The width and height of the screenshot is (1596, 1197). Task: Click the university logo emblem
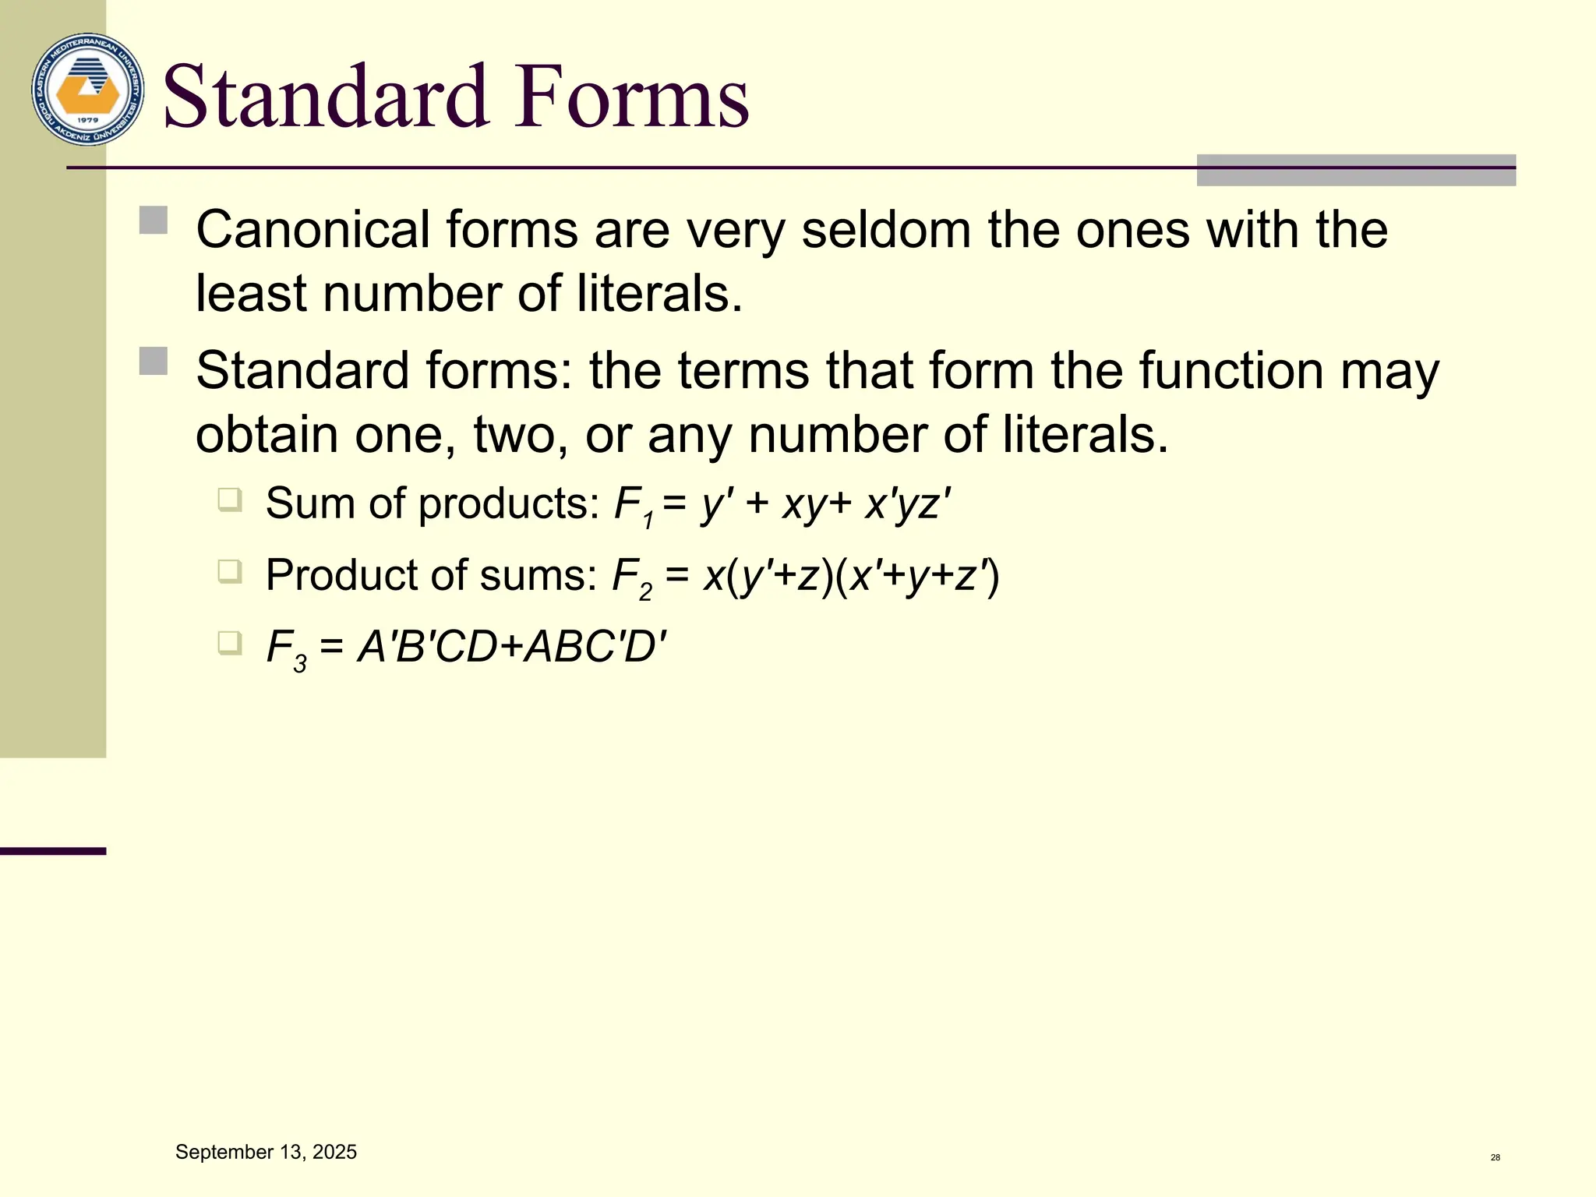pos(87,90)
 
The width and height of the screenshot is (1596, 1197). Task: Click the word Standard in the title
pos(326,97)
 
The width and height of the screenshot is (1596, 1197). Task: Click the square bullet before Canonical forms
pos(154,221)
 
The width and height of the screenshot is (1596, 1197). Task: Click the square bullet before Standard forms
pos(154,361)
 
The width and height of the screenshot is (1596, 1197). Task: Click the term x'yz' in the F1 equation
pos(908,504)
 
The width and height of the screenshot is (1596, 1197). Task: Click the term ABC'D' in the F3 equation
pos(596,647)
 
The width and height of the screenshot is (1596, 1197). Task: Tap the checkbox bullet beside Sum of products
pos(230,499)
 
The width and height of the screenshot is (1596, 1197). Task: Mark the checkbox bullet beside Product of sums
pos(230,571)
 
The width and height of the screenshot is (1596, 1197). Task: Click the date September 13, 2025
pos(266,1152)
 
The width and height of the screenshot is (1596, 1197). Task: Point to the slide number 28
pos(1495,1157)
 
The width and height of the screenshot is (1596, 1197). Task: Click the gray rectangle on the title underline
pos(1356,170)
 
